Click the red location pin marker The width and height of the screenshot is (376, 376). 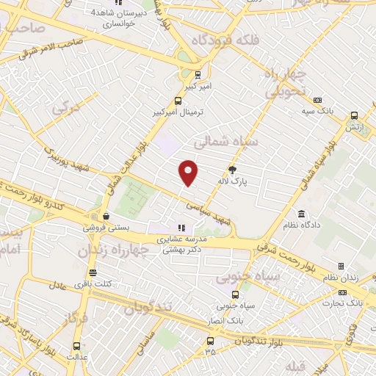pos(189,173)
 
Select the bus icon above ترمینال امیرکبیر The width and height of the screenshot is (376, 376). pos(177,101)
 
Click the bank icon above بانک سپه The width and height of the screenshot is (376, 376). pos(317,100)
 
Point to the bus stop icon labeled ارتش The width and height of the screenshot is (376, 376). pos(355,115)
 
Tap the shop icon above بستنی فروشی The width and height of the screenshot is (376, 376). pos(107,217)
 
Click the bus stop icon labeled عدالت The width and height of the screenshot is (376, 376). pos(77,346)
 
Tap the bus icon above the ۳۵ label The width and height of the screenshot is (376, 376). pos(211,340)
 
